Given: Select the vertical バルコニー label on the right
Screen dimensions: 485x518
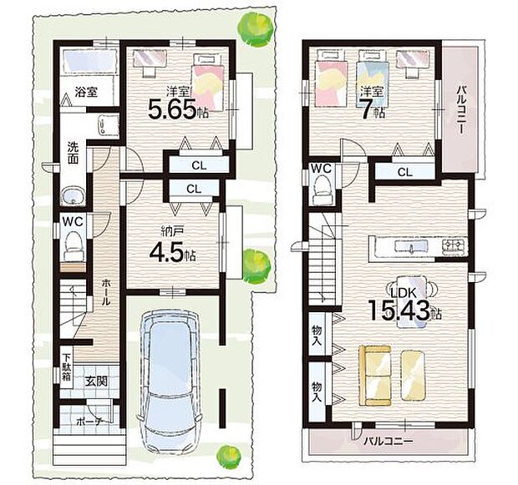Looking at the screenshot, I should pyautogui.click(x=460, y=108).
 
